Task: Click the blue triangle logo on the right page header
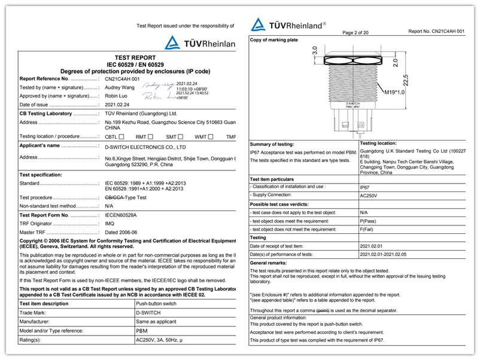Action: coord(259,25)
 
